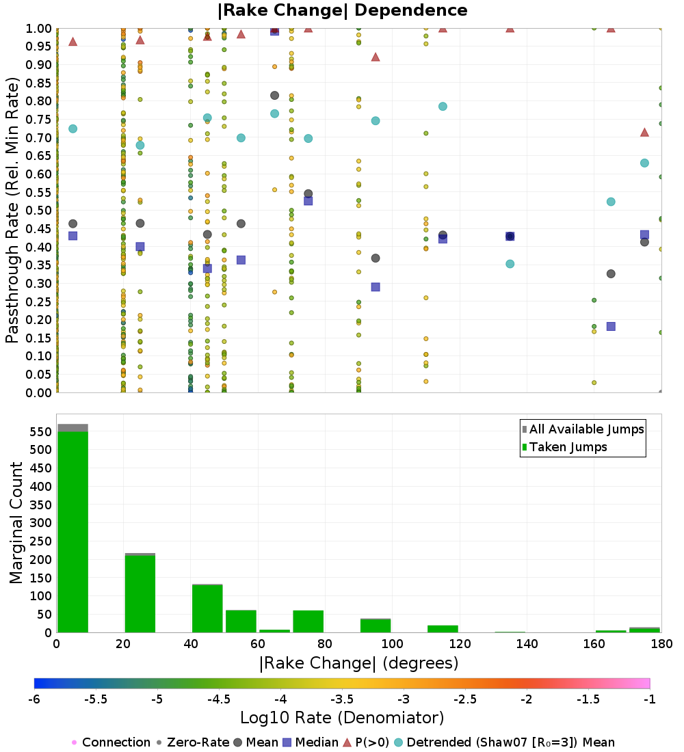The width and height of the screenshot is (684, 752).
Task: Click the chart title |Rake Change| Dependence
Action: click(x=342, y=10)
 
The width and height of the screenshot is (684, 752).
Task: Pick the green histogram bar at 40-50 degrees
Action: click(x=207, y=608)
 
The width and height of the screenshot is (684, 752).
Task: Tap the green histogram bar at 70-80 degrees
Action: click(x=308, y=621)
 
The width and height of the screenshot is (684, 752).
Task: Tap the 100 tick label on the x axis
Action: click(x=392, y=644)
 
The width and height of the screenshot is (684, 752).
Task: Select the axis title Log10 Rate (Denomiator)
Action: click(x=342, y=718)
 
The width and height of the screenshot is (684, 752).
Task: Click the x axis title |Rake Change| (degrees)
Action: click(x=358, y=663)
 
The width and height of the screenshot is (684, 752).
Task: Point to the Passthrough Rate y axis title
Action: click(x=12, y=211)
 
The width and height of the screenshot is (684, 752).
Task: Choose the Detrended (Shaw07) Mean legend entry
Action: click(x=510, y=742)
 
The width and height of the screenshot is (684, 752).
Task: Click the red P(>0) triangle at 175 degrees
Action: click(x=644, y=132)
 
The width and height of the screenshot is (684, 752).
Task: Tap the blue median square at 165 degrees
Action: click(x=611, y=326)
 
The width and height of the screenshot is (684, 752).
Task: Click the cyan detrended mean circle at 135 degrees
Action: click(x=510, y=264)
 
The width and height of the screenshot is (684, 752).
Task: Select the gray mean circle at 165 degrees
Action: click(x=611, y=273)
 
